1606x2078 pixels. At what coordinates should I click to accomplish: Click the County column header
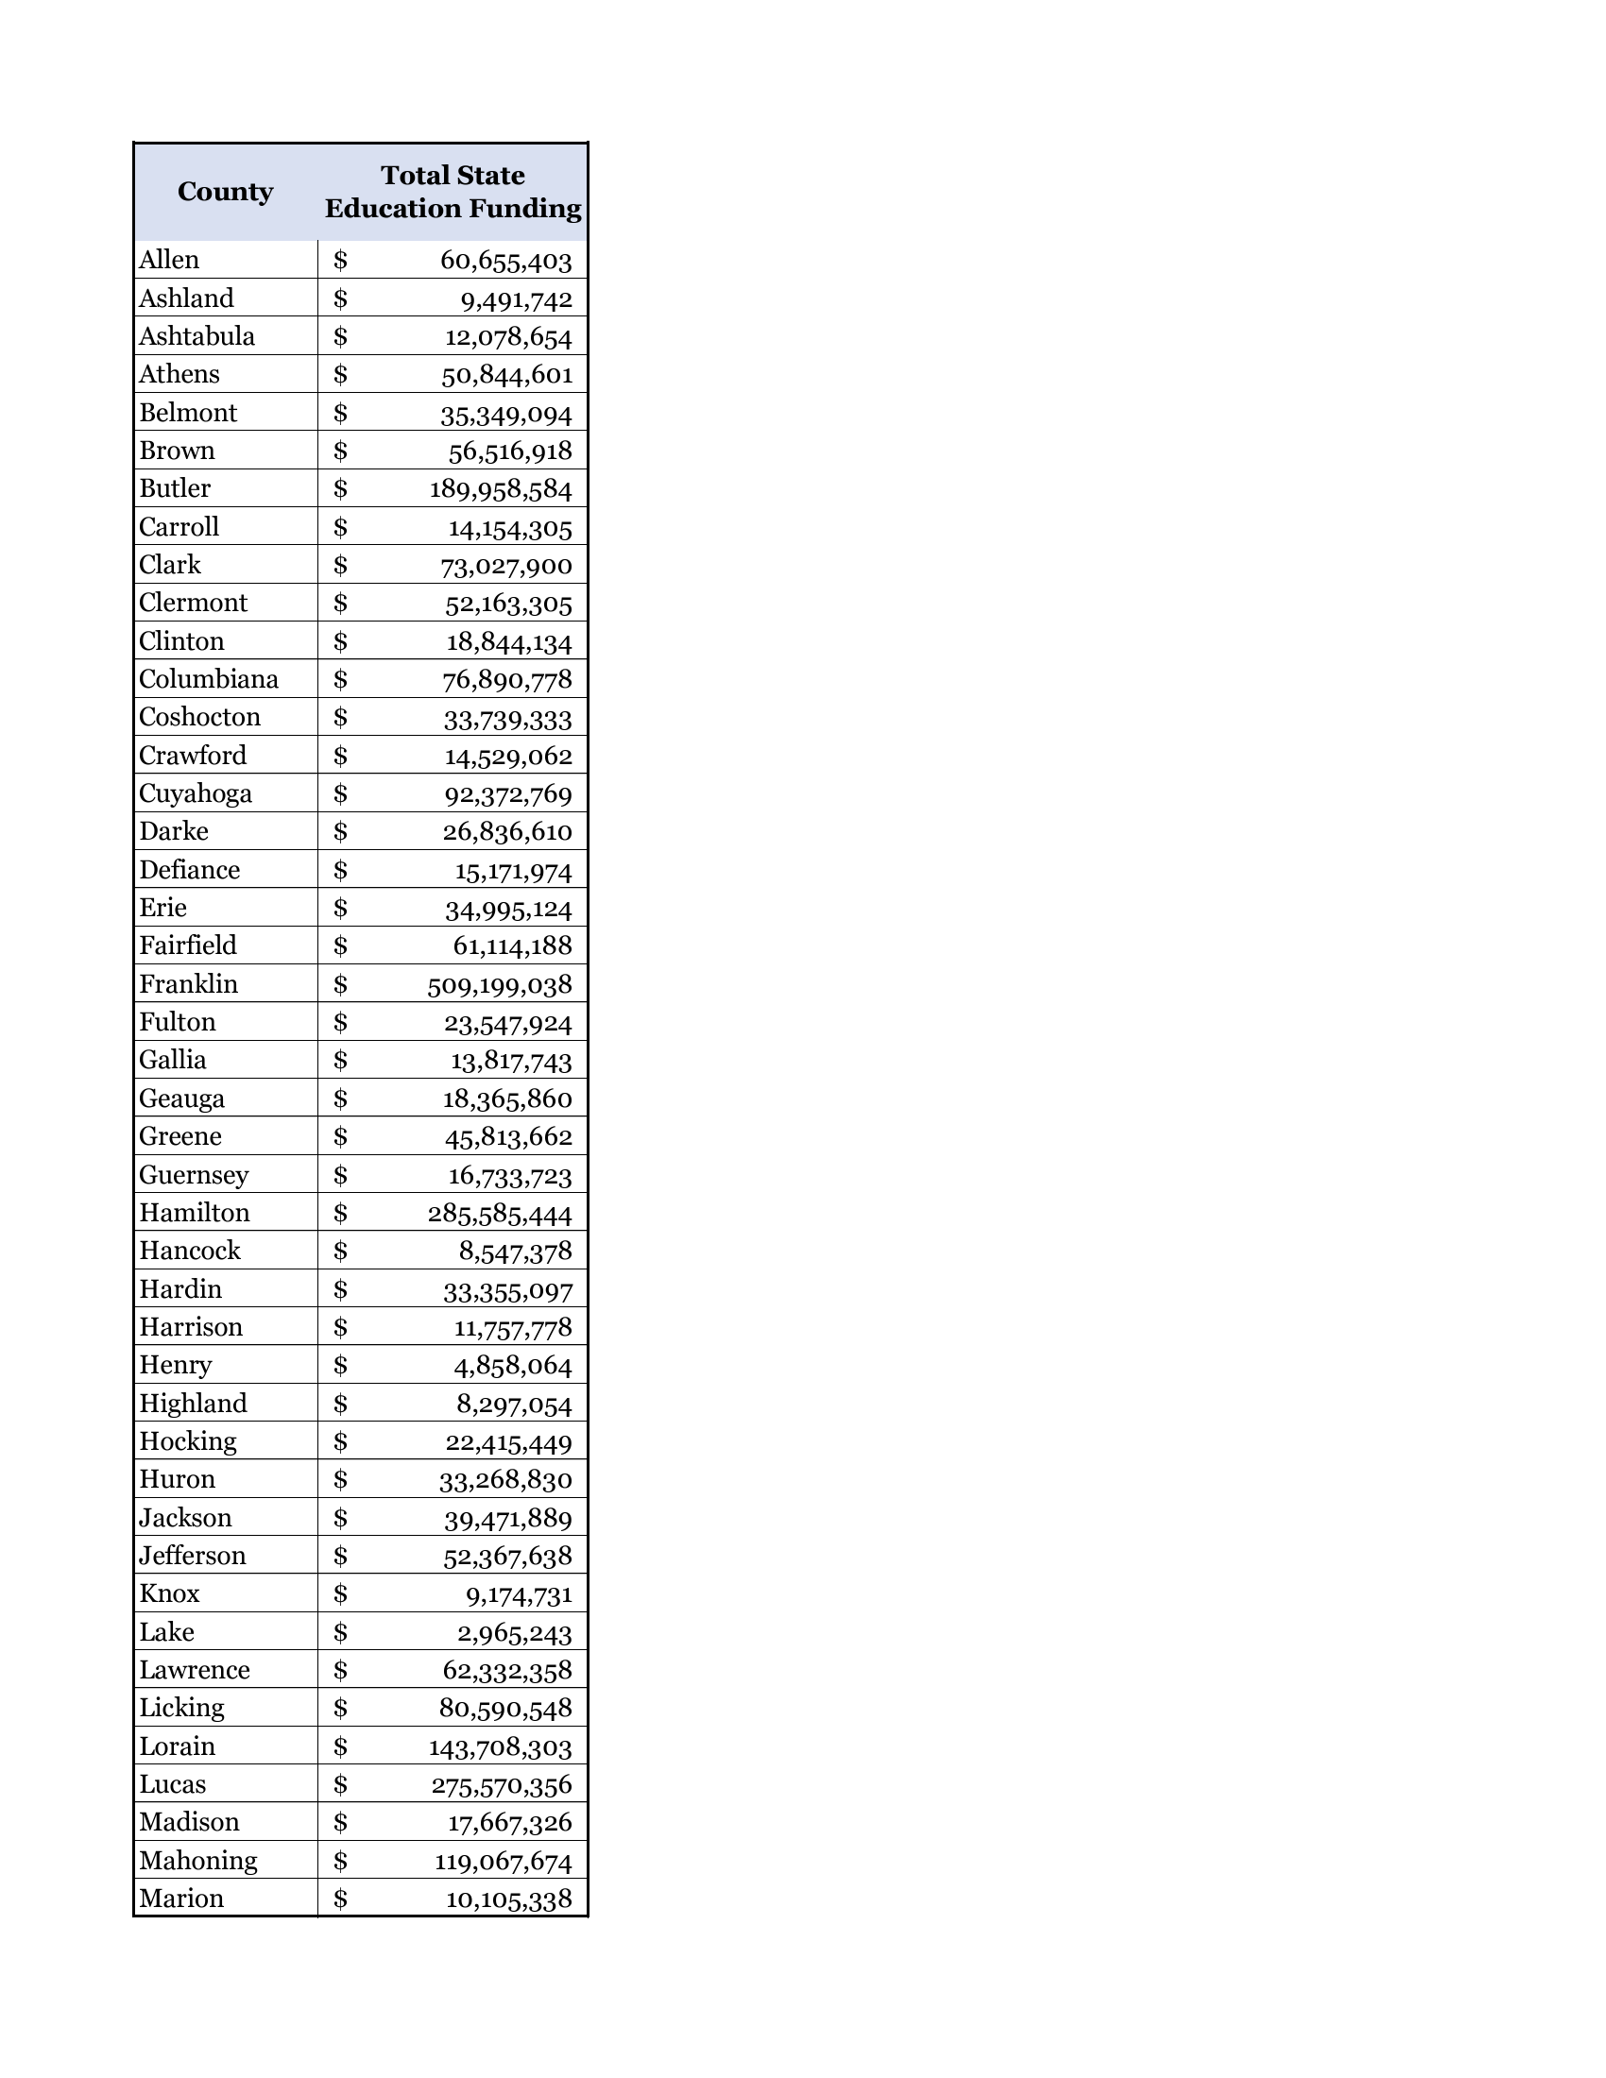point(225,191)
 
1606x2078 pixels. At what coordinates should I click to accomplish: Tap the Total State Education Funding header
point(453,191)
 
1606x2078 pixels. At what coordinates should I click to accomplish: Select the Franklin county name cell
point(188,983)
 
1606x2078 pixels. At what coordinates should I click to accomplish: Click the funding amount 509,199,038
point(500,985)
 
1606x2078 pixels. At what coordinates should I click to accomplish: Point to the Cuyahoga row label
point(195,792)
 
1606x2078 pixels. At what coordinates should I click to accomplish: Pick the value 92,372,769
point(506,794)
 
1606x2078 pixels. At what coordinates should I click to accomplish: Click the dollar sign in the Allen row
point(341,260)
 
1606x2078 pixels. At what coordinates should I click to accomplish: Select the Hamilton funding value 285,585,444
point(500,1214)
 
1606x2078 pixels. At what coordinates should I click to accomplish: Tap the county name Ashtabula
point(196,336)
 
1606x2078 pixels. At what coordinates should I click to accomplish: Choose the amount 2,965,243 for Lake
point(515,1634)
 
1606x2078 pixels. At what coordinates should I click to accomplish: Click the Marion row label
point(180,1899)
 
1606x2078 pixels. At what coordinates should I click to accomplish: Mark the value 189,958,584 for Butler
point(501,489)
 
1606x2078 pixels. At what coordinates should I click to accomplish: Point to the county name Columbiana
point(209,678)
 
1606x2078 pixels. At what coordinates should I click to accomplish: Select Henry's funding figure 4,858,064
point(513,1367)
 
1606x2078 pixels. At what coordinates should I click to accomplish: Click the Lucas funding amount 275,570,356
point(502,1786)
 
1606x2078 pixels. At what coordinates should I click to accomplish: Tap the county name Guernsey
point(194,1175)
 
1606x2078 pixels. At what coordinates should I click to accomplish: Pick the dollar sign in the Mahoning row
point(341,1860)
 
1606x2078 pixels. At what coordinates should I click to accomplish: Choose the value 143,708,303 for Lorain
point(501,1747)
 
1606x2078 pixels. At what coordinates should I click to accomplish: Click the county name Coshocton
point(199,717)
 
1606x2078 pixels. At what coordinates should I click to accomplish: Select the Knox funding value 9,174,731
point(519,1594)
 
